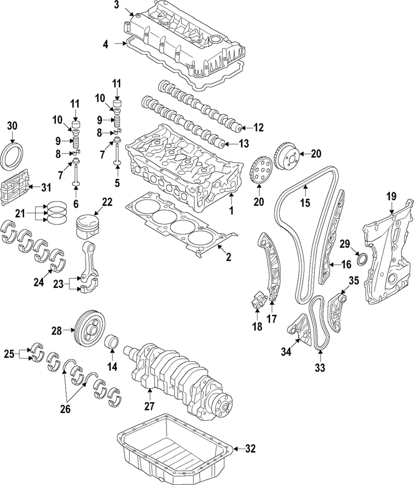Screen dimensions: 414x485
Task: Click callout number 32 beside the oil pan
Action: click(x=250, y=449)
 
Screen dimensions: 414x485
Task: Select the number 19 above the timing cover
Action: click(x=391, y=196)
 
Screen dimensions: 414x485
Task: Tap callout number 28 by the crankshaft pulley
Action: click(x=57, y=330)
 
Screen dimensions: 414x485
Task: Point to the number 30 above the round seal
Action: click(x=12, y=126)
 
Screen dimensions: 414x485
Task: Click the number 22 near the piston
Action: click(x=107, y=202)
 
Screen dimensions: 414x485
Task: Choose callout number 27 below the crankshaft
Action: click(x=149, y=406)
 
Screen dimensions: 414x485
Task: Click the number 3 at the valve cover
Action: click(x=116, y=5)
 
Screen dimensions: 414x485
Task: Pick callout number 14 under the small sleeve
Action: click(x=112, y=367)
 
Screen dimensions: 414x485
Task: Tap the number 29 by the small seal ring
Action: click(x=345, y=244)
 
